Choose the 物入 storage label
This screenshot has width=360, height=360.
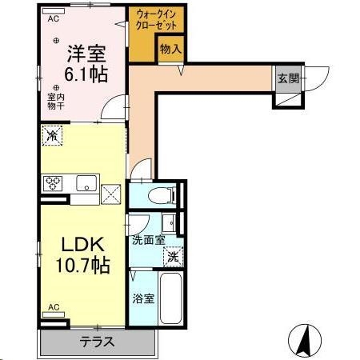coord(170,50)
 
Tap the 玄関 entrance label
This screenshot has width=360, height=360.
coord(287,78)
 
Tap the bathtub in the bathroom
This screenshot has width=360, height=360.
coord(170,300)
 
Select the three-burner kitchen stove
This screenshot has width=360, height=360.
coord(54,184)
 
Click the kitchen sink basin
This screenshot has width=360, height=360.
coord(86,186)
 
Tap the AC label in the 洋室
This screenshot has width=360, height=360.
coord(54,18)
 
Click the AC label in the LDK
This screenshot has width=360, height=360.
coord(54,307)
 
